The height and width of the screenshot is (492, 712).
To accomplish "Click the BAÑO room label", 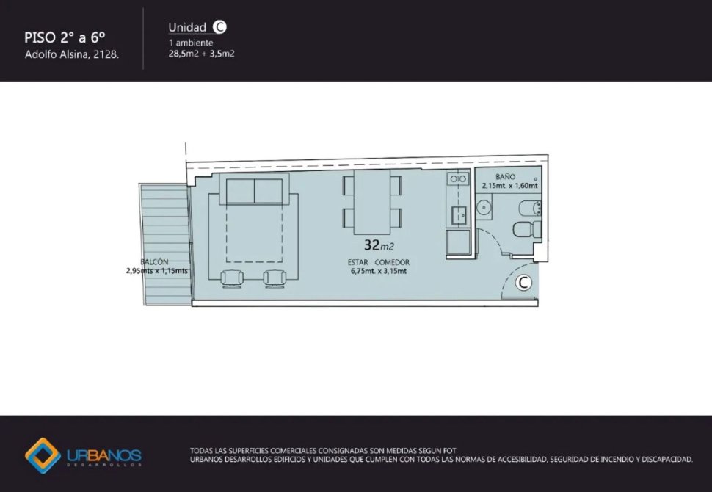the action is [x=505, y=177].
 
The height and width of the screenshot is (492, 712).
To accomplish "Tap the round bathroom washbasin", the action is [x=484, y=208].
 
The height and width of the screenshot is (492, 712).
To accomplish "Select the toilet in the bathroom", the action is [x=527, y=229].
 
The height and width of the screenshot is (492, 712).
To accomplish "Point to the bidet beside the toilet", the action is [x=530, y=208].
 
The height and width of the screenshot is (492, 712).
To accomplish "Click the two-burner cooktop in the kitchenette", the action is [x=458, y=178].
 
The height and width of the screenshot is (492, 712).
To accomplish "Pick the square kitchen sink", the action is [x=459, y=214].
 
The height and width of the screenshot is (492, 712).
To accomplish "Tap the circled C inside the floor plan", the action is [x=523, y=283].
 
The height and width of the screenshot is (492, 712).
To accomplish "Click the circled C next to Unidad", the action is [x=219, y=27].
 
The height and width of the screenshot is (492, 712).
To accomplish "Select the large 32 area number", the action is [x=372, y=245].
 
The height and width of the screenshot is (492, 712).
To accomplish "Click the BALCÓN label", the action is [x=154, y=261].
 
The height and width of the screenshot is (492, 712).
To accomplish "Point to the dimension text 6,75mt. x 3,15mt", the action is [x=378, y=271].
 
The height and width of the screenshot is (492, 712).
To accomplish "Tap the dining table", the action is [x=372, y=202].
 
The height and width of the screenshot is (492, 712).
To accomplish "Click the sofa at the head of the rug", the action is [x=254, y=189].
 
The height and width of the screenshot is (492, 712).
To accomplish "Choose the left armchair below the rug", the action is [x=232, y=278].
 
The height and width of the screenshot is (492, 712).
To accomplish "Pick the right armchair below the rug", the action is [x=275, y=278].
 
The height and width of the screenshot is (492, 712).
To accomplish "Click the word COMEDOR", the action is [x=392, y=262].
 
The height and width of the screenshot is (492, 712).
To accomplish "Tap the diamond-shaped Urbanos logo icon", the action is [x=43, y=456].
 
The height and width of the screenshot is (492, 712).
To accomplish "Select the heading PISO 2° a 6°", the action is [x=65, y=37].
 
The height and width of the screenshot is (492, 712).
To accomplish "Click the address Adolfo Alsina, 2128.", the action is [x=72, y=54].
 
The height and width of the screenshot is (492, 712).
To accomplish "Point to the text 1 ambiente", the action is [x=191, y=43].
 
